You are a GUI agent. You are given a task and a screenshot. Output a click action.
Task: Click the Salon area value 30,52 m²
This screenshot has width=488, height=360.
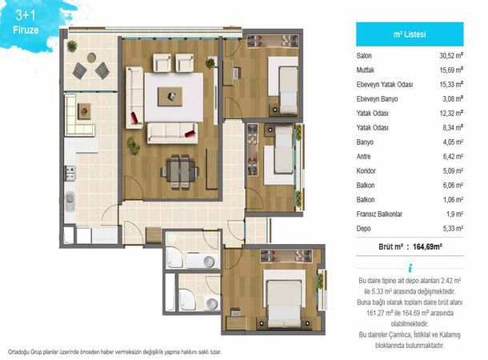pyautogui.click(x=451, y=56)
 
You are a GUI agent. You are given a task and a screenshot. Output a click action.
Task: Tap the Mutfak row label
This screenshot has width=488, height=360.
pyautogui.click(x=366, y=70)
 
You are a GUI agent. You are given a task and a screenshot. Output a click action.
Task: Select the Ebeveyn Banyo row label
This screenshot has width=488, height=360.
pyautogui.click(x=377, y=99)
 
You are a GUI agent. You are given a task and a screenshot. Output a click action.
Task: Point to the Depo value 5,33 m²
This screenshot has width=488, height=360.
pyautogui.click(x=453, y=228)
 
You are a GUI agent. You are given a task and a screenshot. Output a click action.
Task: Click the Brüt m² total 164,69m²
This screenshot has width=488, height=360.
pyautogui.click(x=427, y=246)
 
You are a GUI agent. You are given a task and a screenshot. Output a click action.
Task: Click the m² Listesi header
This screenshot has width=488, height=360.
pyautogui.click(x=410, y=34)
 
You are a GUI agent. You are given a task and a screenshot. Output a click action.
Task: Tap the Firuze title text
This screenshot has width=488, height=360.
pyautogui.click(x=26, y=30)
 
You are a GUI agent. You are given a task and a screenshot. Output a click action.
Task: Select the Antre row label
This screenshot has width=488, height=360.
pyautogui.click(x=363, y=157)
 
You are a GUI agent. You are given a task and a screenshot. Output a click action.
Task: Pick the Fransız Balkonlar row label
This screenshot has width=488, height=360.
pyautogui.click(x=379, y=214)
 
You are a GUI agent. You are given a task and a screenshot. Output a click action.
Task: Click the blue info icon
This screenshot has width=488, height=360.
pyautogui.click(x=410, y=268)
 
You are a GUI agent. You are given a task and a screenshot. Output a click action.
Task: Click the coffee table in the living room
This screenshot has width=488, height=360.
pyautogui.click(x=170, y=97)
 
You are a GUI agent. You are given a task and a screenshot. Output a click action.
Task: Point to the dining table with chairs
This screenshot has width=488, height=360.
pyautogui.click(x=179, y=172)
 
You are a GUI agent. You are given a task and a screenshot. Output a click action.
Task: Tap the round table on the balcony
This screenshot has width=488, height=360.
pyautogui.click(x=91, y=58)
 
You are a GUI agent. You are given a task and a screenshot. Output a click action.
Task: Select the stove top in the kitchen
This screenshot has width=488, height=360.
pyautogui.click(x=70, y=173)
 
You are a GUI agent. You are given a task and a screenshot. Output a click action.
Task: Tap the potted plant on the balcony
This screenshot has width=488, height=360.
pyautogui.click(x=72, y=46)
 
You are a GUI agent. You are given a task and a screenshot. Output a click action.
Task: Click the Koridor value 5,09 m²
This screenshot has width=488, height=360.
pyautogui.click(x=453, y=171)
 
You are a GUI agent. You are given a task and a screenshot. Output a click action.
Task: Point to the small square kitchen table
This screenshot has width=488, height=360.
pyautogui.click(x=84, y=110)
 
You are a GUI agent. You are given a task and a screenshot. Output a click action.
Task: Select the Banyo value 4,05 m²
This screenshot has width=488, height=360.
pyautogui.click(x=453, y=142)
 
